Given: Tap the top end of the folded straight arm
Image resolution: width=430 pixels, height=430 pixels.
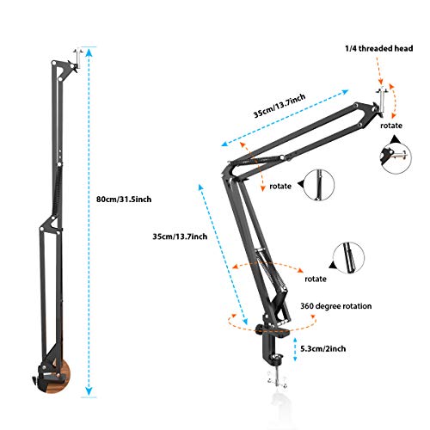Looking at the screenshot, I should point(79,56).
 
